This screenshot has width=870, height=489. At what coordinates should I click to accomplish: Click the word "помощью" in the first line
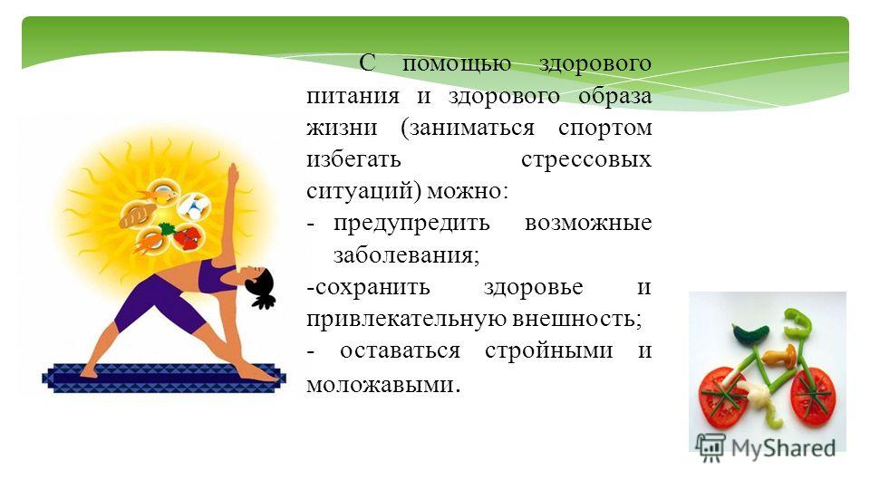(456, 64)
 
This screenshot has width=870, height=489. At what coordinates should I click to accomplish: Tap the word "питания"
(353, 96)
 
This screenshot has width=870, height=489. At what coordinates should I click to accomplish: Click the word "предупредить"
(411, 224)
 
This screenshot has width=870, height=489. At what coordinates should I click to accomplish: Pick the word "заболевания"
(406, 255)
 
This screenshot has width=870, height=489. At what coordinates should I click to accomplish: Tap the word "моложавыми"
(381, 385)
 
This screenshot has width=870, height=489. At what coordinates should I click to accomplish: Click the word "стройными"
(549, 351)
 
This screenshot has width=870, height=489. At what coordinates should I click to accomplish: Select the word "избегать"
(353, 159)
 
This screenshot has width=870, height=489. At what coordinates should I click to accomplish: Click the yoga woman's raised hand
(233, 174)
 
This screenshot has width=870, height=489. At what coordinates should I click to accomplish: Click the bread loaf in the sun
(138, 215)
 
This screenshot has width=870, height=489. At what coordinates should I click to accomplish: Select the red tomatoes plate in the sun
(187, 236)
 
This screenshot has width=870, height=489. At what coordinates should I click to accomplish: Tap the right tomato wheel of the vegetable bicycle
(813, 397)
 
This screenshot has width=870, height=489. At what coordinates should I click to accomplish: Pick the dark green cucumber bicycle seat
(750, 334)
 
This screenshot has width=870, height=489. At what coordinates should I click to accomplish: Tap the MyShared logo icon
(710, 447)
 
